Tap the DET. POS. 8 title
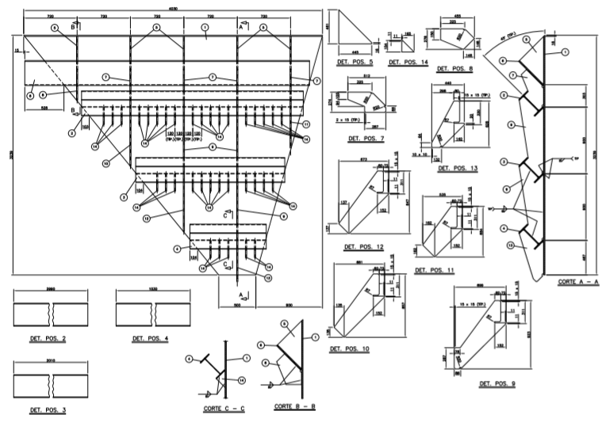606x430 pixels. tap(458, 69)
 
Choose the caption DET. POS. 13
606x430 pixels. tap(457, 168)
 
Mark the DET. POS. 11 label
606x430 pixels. tap(434, 270)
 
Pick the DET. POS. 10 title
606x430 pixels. tap(349, 348)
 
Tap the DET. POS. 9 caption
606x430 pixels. tap(497, 384)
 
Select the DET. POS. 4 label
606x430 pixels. tap(150, 339)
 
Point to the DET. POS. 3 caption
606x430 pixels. tap(47, 410)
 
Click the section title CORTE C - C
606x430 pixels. tap(224, 409)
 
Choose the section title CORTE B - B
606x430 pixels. tap(294, 406)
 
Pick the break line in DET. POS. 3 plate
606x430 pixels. tap(53, 386)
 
